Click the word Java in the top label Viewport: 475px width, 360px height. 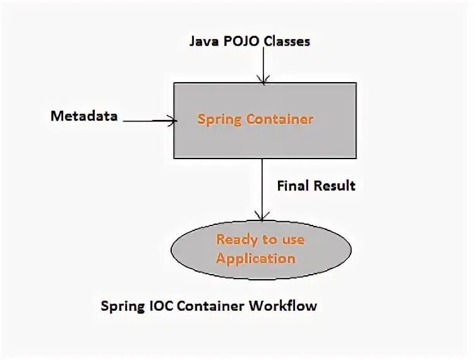point(203,42)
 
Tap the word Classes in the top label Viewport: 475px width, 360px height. point(287,42)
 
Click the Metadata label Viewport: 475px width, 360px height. point(85,116)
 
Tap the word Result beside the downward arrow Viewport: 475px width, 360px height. point(335,186)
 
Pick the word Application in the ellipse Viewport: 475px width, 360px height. point(256,258)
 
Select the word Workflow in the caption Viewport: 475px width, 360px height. point(284,306)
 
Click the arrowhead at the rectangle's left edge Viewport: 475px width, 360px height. point(170,118)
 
